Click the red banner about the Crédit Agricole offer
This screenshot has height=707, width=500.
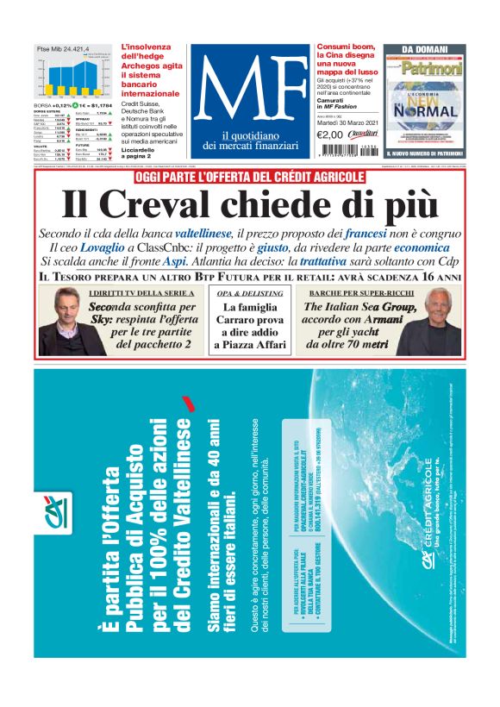[x=250, y=178]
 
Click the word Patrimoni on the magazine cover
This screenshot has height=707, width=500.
[x=432, y=67]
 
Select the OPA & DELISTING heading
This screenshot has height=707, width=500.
[x=250, y=294]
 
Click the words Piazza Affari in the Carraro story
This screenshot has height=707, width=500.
[x=250, y=346]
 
